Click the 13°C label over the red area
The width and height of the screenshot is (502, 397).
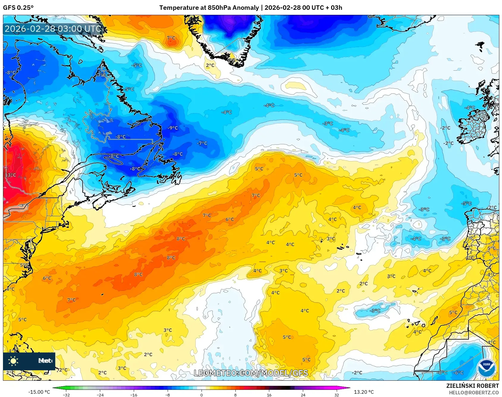[x=10, y=175]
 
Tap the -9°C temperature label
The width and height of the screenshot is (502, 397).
[x=173, y=128]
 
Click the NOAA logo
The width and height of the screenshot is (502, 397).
[x=486, y=368]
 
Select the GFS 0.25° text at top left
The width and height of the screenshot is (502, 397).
[x=18, y=8]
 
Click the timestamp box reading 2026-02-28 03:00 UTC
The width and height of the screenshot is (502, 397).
[x=53, y=29]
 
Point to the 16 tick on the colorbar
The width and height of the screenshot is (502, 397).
[x=269, y=395]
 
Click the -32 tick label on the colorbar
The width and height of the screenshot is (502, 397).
[x=66, y=395]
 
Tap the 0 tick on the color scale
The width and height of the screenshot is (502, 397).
[x=202, y=395]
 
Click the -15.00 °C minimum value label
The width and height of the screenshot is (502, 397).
[x=39, y=392]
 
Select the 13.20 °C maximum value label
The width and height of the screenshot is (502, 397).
[x=363, y=392]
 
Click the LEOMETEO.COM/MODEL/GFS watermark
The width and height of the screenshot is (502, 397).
[x=251, y=373]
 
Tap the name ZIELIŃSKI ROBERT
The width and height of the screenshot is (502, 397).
[x=472, y=386]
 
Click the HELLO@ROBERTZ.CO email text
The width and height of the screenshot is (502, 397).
[x=474, y=393]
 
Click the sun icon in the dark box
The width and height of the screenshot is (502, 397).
[x=13, y=361]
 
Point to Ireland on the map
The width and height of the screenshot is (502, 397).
[x=474, y=126]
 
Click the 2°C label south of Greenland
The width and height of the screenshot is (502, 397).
[x=210, y=65]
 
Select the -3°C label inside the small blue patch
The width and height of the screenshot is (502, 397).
[x=375, y=311]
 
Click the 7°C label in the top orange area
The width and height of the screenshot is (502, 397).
[x=171, y=38]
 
